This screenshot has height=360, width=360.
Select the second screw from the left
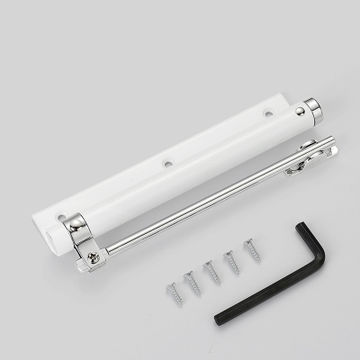[x=193, y=283]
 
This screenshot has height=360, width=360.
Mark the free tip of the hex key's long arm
[x=219, y=319]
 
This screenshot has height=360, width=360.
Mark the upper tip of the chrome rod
[x=332, y=141]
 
